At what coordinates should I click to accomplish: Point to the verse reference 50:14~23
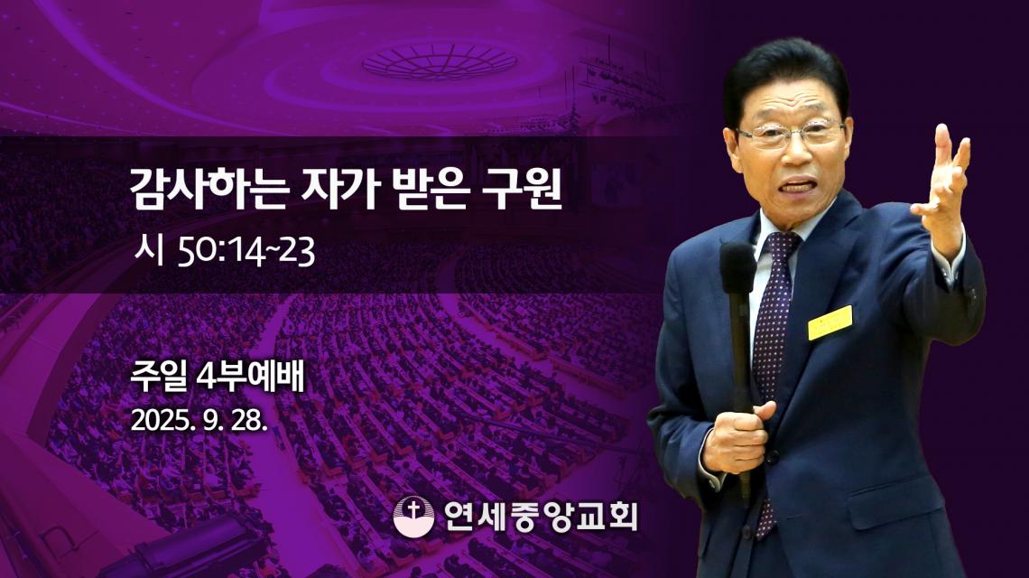(x=246, y=252)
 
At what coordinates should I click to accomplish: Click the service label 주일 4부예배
(x=218, y=378)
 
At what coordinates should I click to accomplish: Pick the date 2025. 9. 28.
(x=199, y=420)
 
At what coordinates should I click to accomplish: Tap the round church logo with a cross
(x=413, y=516)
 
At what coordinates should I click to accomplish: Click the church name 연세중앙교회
(x=541, y=516)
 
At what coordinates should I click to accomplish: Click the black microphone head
(x=737, y=267)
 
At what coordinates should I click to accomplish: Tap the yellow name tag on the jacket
(x=830, y=322)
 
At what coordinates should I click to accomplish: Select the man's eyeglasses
(x=791, y=134)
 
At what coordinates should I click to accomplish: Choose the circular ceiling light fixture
(x=439, y=61)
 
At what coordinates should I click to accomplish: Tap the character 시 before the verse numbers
(x=148, y=252)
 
